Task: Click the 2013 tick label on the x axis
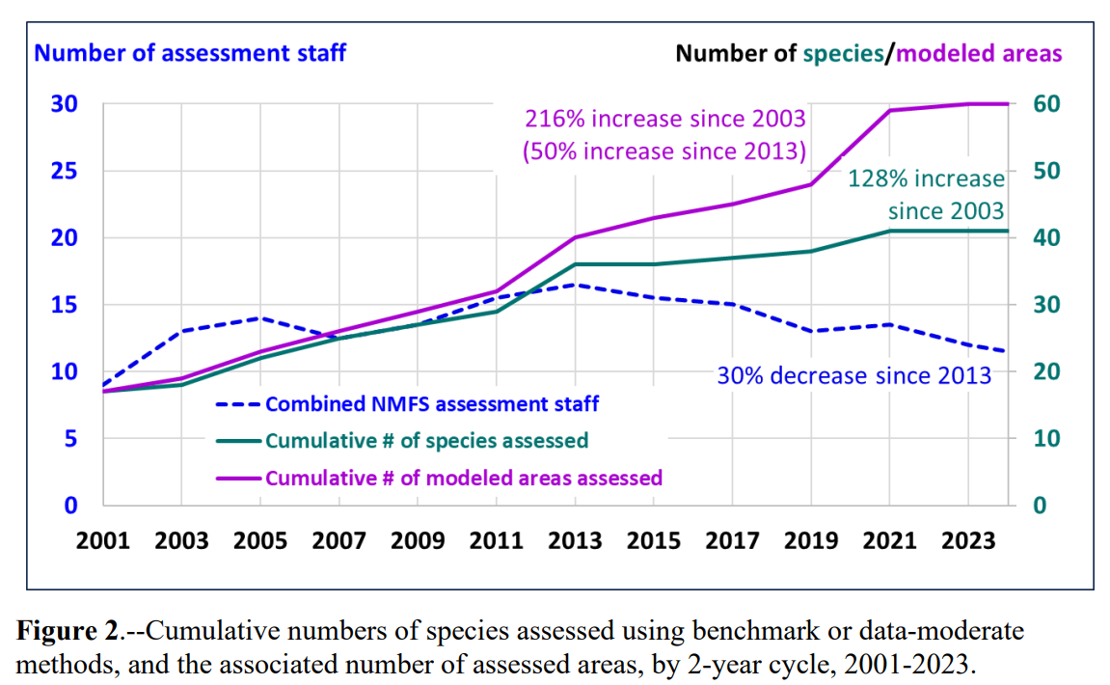575,540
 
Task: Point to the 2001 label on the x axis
103,540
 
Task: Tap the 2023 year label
968,540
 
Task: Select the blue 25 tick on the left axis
64,171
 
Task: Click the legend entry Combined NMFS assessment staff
431,404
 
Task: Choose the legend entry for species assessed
426,441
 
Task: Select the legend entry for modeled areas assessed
463,478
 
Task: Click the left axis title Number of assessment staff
190,52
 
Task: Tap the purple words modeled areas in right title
979,53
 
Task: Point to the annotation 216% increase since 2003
664,120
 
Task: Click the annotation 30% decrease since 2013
853,375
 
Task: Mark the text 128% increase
926,179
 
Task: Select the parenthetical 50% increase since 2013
664,151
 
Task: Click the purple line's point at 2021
889,111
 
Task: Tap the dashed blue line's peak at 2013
575,285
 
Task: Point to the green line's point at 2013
575,264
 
